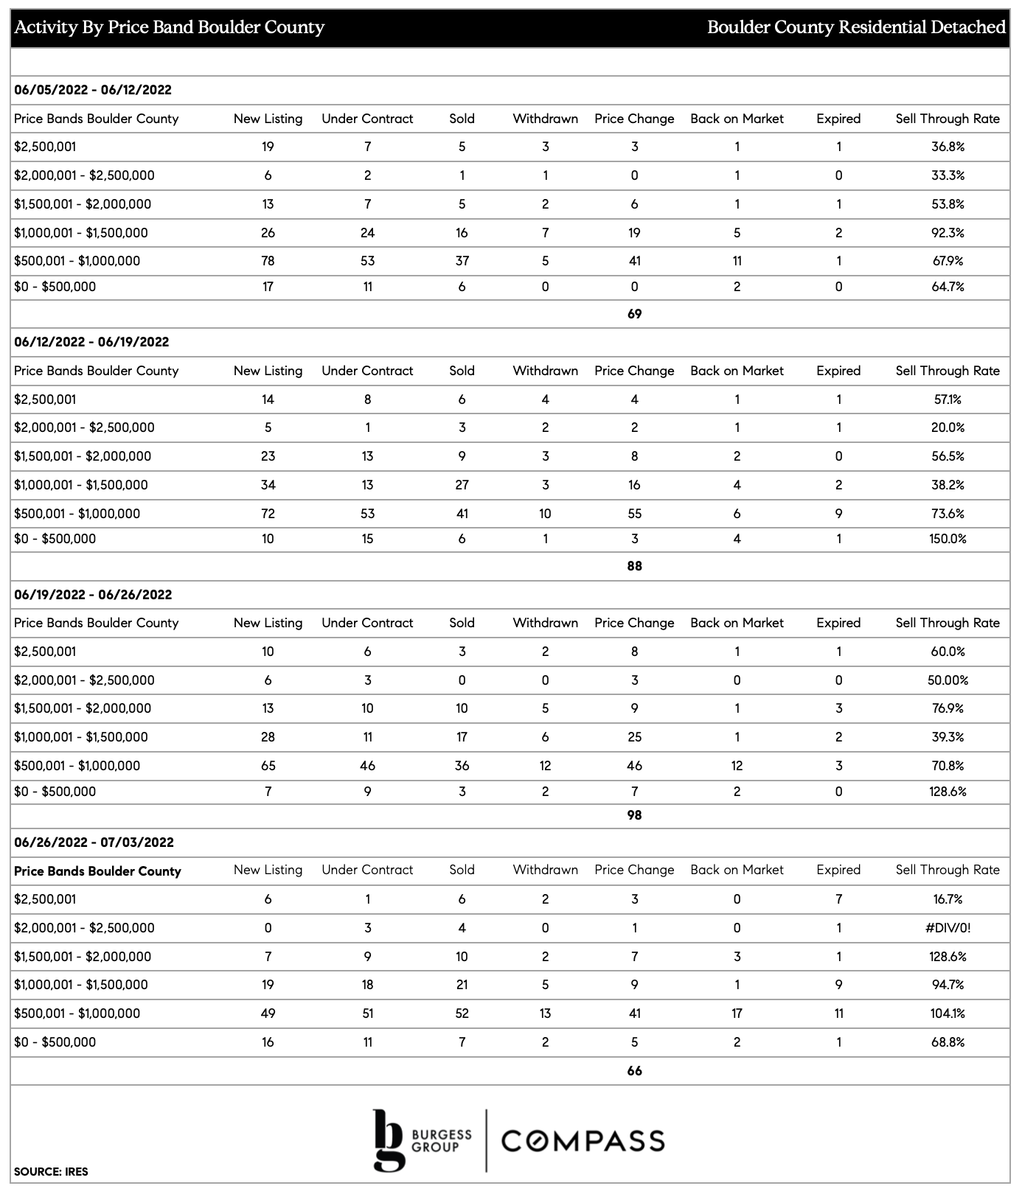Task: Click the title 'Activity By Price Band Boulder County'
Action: [170, 28]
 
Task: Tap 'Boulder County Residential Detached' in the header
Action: [856, 28]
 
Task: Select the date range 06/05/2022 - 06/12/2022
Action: [93, 90]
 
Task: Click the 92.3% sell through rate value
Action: [948, 233]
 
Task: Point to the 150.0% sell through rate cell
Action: [948, 539]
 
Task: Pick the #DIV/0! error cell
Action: [948, 928]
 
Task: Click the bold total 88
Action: [634, 566]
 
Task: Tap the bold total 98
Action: [634, 815]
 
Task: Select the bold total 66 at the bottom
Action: [634, 1071]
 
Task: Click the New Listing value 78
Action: [268, 261]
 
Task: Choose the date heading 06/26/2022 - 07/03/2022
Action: [94, 842]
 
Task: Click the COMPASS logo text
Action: [583, 1141]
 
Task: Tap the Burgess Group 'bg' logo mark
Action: [389, 1140]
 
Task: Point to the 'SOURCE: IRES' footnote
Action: [51, 1172]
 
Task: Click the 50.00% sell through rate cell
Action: [948, 680]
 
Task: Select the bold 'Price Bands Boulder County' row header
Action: [97, 871]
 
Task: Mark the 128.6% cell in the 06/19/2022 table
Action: [948, 792]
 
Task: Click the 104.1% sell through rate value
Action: [948, 1013]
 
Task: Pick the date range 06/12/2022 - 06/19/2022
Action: [91, 342]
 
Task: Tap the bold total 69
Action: [634, 314]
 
